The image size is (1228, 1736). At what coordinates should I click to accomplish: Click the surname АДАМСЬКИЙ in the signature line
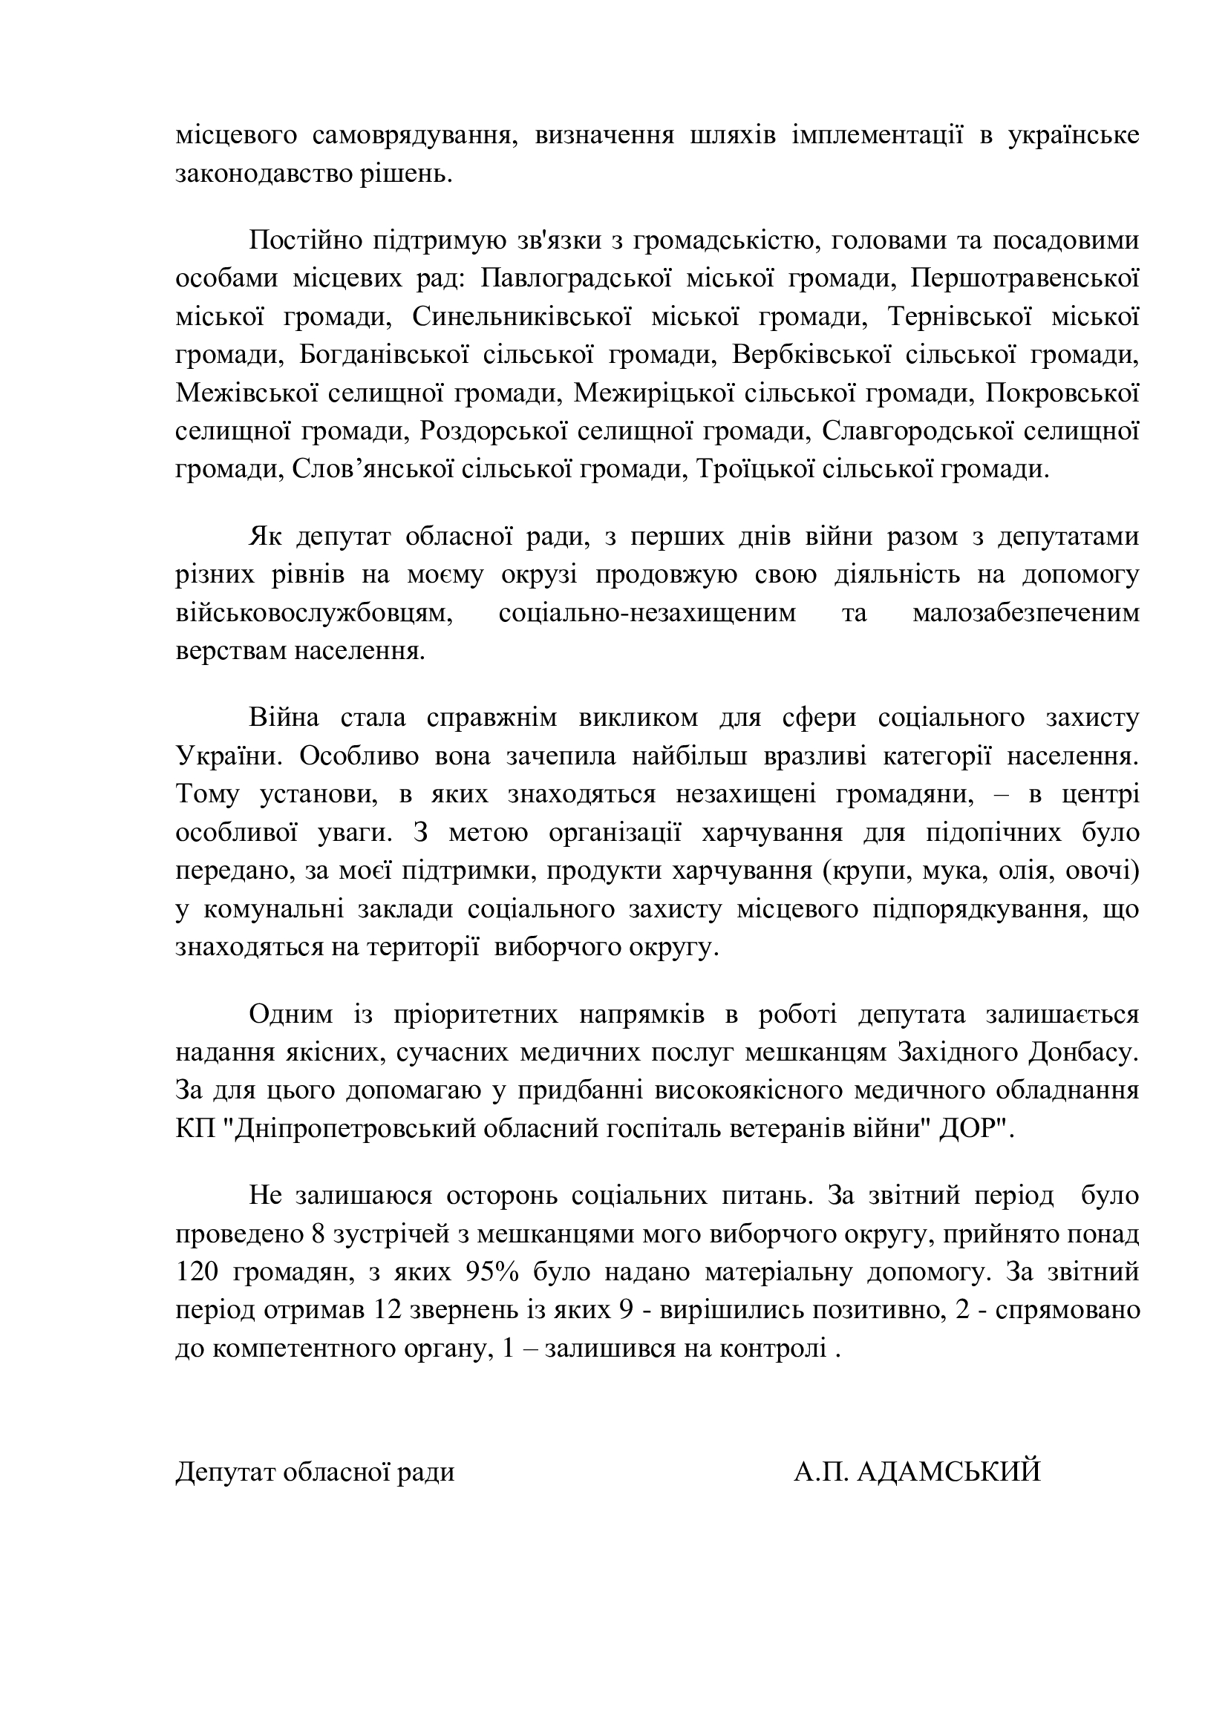click(950, 1472)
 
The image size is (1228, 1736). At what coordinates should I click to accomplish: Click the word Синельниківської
click(522, 317)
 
